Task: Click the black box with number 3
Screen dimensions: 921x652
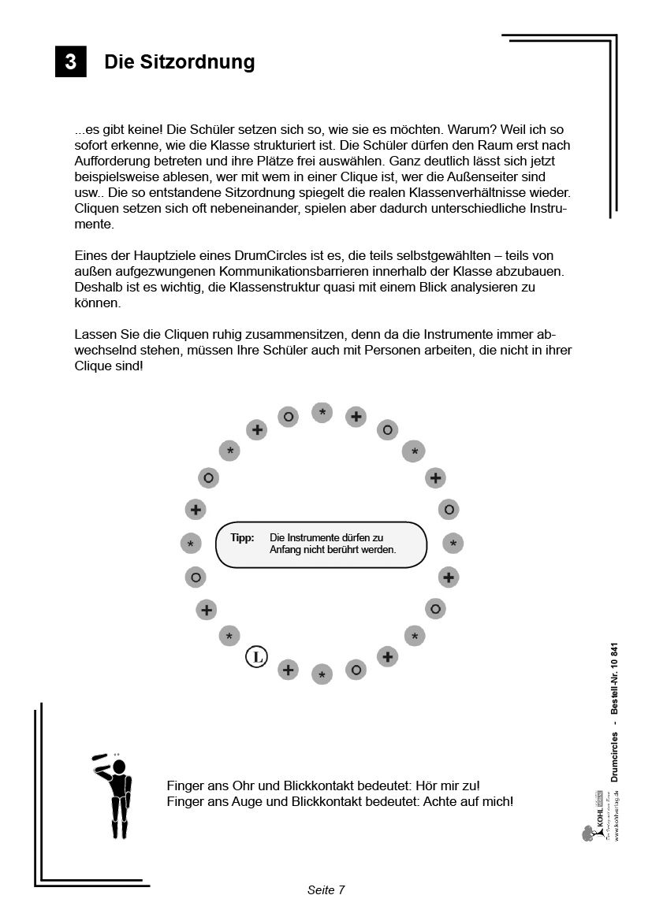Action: (70, 62)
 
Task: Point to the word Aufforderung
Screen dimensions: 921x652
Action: (112, 146)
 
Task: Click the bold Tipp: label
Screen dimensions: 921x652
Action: (242, 537)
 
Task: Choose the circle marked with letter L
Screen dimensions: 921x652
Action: (256, 656)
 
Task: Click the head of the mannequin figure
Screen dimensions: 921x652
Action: (119, 767)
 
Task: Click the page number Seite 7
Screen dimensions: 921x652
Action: (326, 890)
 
